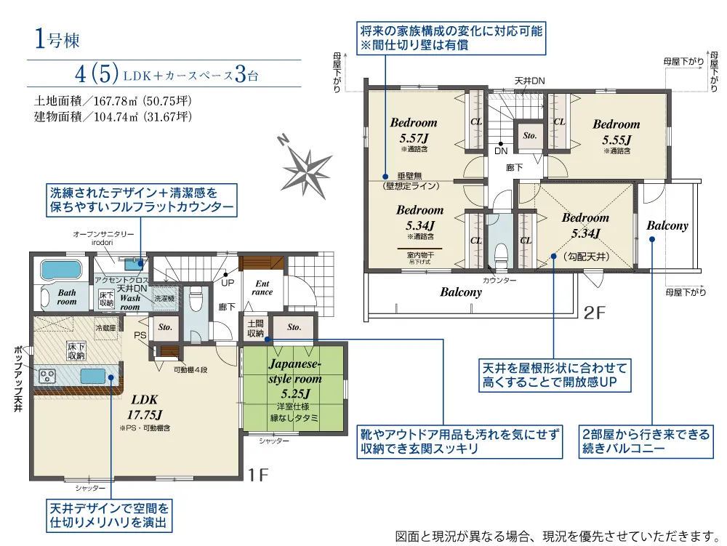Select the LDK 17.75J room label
pyautogui.click(x=146, y=407)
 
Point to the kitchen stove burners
pyautogui.click(x=48, y=376)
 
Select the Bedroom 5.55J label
pyautogui.click(x=615, y=131)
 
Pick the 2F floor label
pyautogui.click(x=595, y=313)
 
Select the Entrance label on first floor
pyautogui.click(x=262, y=287)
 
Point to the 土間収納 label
pyautogui.click(x=255, y=328)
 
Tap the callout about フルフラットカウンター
pyautogui.click(x=142, y=201)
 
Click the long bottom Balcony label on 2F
pyautogui.click(x=460, y=292)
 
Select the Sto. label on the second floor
pyautogui.click(x=529, y=135)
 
